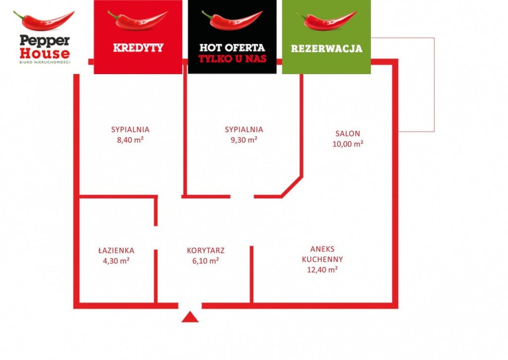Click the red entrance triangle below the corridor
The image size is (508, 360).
pyautogui.click(x=190, y=317)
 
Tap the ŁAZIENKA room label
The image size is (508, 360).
pyautogui.click(x=116, y=251)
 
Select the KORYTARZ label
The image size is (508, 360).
pyautogui.click(x=205, y=251)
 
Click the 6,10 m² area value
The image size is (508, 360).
pyautogui.click(x=205, y=261)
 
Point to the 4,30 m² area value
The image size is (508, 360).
pyautogui.click(x=116, y=261)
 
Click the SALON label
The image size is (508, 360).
pyautogui.click(x=348, y=134)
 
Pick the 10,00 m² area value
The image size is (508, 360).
pyautogui.click(x=348, y=144)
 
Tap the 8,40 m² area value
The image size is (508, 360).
pyautogui.click(x=130, y=140)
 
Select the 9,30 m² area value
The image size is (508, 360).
pyautogui.click(x=244, y=140)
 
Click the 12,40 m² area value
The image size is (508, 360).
pyautogui.click(x=322, y=270)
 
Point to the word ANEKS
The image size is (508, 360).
pyautogui.click(x=322, y=249)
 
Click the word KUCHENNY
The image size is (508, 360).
pyautogui.click(x=322, y=259)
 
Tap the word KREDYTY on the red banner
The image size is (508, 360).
pyautogui.click(x=138, y=48)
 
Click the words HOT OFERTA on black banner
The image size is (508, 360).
pyautogui.click(x=232, y=48)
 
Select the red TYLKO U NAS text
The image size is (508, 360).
pyautogui.click(x=232, y=59)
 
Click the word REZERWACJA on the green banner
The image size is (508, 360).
pyautogui.click(x=326, y=49)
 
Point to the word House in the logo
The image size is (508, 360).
pyautogui.click(x=45, y=53)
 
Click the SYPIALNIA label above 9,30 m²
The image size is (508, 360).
pyautogui.click(x=244, y=130)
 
